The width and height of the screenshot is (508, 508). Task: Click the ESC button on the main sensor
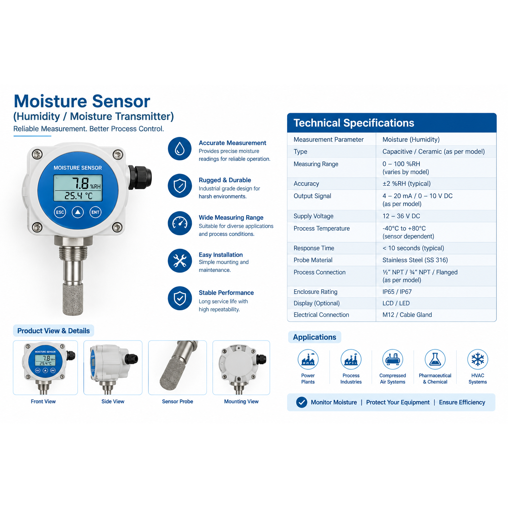pos(60,212)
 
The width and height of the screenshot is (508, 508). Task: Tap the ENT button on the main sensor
pos(95,212)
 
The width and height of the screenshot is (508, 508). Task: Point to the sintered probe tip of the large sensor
pos(73,299)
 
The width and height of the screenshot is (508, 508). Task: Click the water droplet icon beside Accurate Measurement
pos(180,148)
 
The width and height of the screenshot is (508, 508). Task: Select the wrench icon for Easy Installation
pos(180,261)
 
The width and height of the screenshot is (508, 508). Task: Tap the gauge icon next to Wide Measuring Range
pos(180,223)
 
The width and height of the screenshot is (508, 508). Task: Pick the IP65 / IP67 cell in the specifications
pos(397,292)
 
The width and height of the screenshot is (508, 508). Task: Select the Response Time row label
pos(314,248)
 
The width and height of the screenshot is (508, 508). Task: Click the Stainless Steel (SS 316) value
pos(415,260)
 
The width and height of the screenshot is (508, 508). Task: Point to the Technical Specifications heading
pos(354,123)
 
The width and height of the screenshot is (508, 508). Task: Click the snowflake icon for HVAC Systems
pos(478,359)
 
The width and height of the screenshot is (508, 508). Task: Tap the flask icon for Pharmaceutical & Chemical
pos(435,359)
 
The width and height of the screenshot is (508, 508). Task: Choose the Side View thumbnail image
pos(113,368)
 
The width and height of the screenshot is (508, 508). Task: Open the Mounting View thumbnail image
pos(241,368)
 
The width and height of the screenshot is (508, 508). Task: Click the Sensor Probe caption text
pos(178,402)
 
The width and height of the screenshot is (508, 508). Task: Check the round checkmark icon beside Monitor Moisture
pos(302,402)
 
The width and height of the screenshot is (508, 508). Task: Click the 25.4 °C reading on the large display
pos(78,196)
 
